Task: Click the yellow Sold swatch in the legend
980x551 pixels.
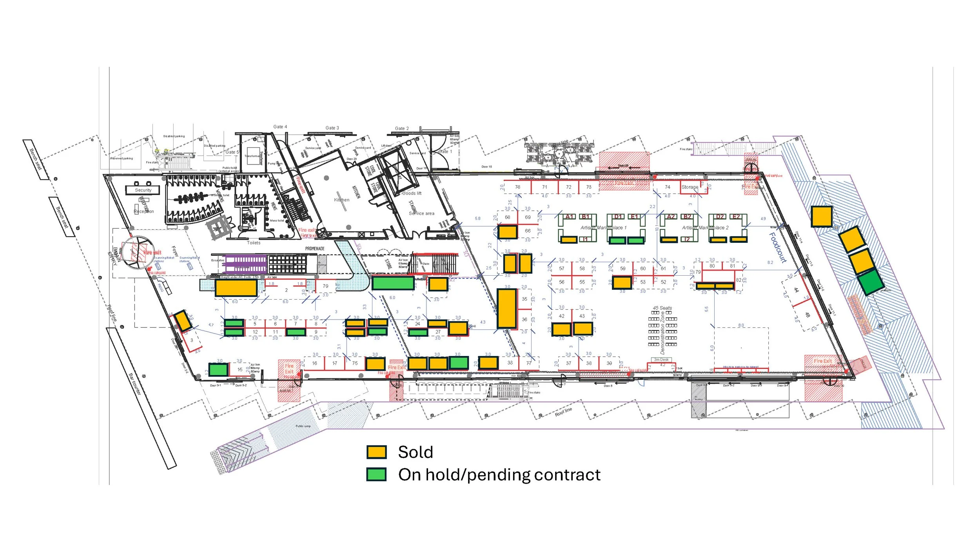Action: [x=376, y=452]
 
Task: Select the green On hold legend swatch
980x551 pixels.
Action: [x=376, y=474]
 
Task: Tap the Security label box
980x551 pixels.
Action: [x=143, y=190]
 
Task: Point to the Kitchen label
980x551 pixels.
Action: [x=341, y=200]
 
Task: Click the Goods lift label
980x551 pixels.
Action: [x=412, y=193]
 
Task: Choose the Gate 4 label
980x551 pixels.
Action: [x=280, y=126]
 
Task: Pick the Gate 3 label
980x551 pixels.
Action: [x=332, y=128]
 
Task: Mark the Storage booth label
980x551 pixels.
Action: [x=690, y=187]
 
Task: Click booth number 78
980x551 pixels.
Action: [x=517, y=187]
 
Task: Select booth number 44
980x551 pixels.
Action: [x=796, y=290]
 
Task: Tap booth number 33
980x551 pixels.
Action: [x=510, y=363]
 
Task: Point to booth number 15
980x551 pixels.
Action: [x=240, y=369]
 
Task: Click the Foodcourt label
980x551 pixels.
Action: [x=778, y=247]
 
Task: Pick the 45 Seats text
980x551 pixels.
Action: [x=662, y=308]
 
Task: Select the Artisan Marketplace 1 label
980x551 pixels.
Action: [x=603, y=228]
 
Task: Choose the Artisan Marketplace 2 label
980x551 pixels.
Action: [x=705, y=228]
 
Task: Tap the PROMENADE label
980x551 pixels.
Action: [x=315, y=249]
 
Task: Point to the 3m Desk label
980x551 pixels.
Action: [x=661, y=360]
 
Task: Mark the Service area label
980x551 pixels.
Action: [x=421, y=213]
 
